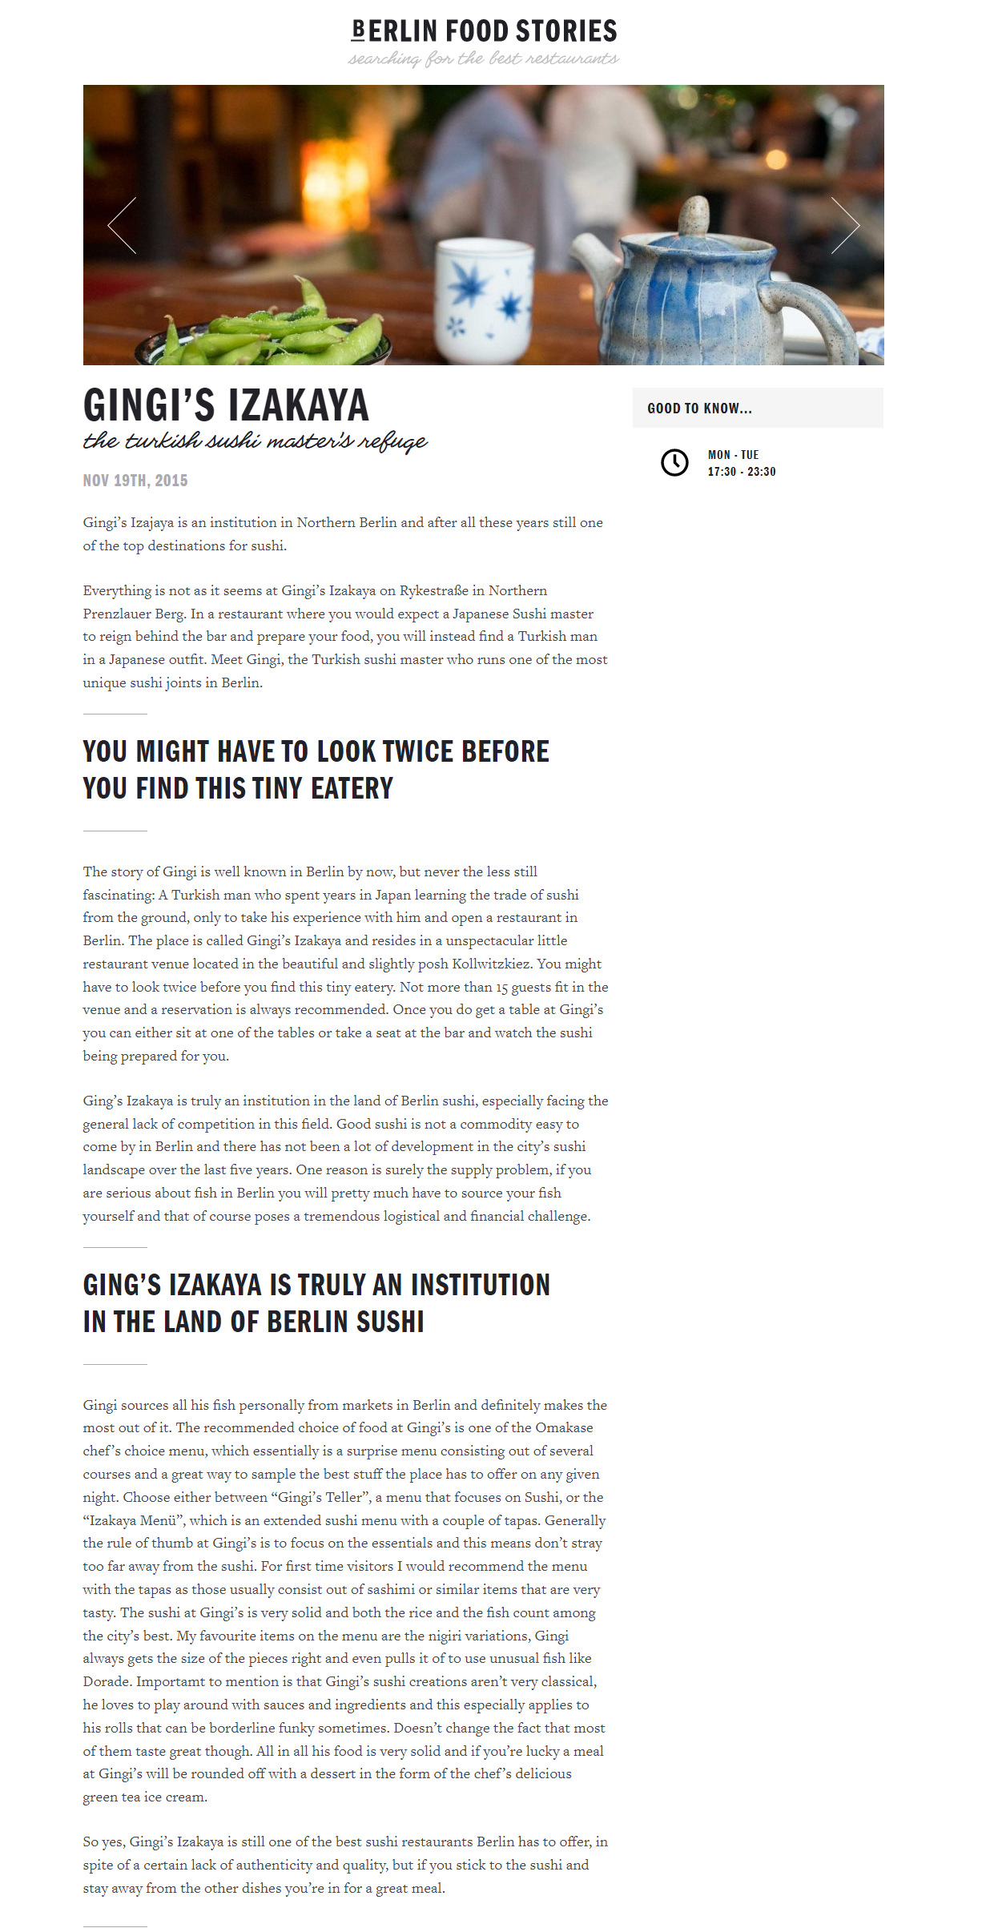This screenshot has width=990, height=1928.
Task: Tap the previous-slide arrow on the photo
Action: point(123,225)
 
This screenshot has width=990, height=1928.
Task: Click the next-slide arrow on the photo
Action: point(844,225)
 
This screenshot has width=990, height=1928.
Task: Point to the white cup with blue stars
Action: point(484,300)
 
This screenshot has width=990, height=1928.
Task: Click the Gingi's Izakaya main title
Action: point(226,405)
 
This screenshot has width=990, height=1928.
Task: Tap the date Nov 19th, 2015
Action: point(135,481)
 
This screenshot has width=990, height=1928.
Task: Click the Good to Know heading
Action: point(699,409)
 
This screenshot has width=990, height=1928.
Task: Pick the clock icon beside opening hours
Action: point(674,463)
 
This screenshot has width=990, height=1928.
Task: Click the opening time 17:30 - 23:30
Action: point(741,472)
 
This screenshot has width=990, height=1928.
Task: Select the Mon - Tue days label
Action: point(733,455)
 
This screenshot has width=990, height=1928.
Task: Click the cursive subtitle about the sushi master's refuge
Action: point(255,441)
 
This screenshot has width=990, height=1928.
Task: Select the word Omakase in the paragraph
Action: point(564,1428)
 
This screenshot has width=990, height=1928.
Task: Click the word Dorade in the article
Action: point(107,1682)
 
